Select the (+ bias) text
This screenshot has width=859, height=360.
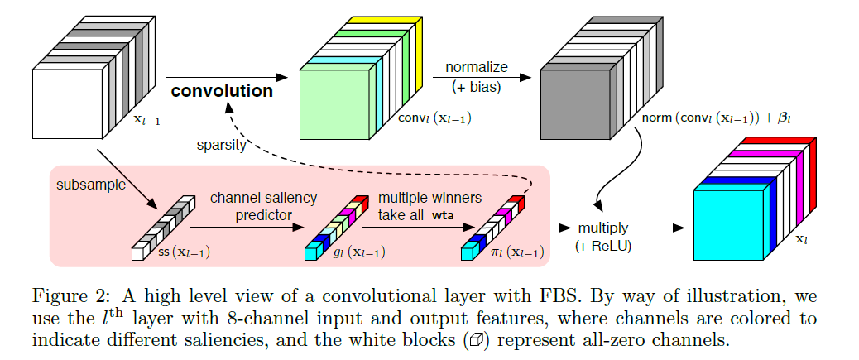point(477,85)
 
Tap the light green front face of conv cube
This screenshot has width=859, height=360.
point(333,103)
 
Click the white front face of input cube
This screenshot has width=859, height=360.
point(68,103)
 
